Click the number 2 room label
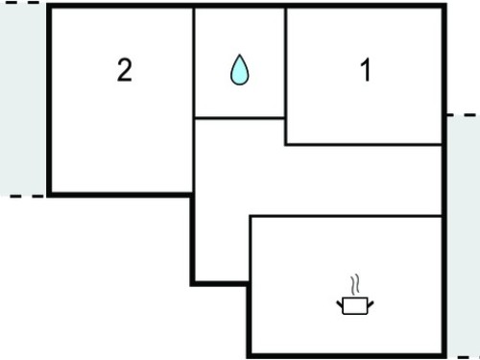[125, 70]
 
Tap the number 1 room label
[366, 70]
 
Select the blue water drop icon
[240, 70]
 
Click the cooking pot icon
[355, 305]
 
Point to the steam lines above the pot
[355, 284]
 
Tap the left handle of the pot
[340, 303]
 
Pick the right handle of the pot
[371, 304]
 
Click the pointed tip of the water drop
[240, 55]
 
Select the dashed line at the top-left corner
[20, 2]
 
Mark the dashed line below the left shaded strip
[27, 196]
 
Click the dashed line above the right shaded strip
[464, 114]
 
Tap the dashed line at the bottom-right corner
[468, 357]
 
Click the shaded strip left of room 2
[23, 99]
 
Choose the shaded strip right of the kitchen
[464, 236]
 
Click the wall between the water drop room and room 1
[285, 76]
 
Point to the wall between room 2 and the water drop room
[194, 100]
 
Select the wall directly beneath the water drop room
[240, 118]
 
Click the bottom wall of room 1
[364, 145]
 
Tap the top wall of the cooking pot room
[346, 217]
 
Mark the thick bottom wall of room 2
[121, 195]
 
